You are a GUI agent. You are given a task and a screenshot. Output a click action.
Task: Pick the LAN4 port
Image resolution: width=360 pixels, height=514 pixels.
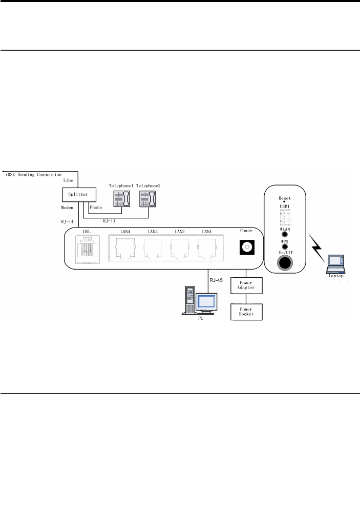[125, 249]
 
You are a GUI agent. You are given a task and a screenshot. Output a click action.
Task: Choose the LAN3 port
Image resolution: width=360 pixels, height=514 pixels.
[152, 249]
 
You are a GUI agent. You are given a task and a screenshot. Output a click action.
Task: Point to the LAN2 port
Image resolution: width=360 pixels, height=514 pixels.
[179, 249]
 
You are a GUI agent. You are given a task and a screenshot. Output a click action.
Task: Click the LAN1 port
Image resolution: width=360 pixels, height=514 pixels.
[207, 249]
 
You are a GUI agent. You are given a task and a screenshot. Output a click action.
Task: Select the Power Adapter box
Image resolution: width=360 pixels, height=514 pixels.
[247, 285]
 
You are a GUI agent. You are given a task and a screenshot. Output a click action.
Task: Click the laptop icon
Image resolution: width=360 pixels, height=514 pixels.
[336, 263]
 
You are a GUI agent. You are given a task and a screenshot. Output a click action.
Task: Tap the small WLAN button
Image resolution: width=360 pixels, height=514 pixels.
[285, 238]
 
